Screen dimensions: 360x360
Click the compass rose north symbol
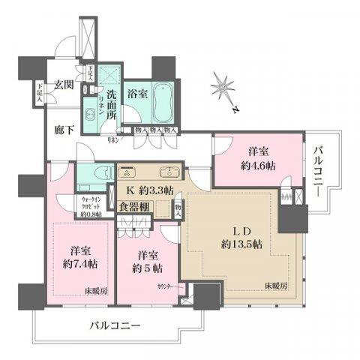pyautogui.click(x=223, y=88)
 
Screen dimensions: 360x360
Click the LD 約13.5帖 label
pyautogui.click(x=235, y=238)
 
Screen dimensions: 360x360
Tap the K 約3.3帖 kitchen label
pyautogui.click(x=149, y=189)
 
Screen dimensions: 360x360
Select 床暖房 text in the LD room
pyautogui.click(x=277, y=286)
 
